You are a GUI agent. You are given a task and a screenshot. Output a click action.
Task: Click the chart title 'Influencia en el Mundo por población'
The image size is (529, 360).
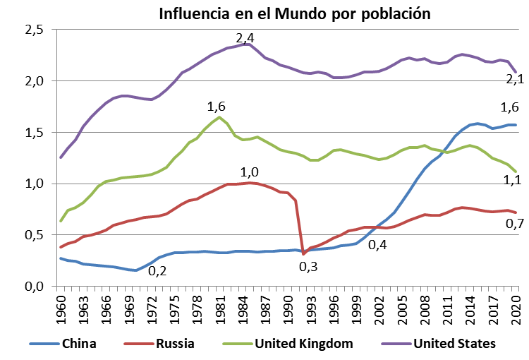tap(294, 13)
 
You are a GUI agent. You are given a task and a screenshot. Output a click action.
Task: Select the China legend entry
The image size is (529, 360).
tap(80, 344)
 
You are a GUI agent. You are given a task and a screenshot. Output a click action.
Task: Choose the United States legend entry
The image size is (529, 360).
tap(455, 344)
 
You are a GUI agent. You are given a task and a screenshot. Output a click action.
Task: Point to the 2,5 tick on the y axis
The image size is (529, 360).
tap(35, 30)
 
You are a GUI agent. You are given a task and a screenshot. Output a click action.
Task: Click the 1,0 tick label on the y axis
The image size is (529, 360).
tap(35, 184)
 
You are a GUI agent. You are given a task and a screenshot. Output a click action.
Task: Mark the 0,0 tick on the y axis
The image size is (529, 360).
tap(35, 286)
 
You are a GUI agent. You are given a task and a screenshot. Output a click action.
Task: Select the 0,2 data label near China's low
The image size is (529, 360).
tap(157, 270)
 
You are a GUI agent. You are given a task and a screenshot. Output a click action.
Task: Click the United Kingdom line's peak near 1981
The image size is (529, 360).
tap(220, 117)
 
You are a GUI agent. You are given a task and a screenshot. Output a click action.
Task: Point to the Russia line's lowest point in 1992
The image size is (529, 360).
tap(303, 253)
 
